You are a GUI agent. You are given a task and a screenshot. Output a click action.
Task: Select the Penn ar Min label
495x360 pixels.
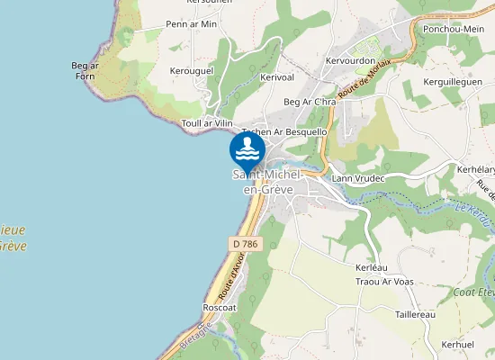pyautogui.click(x=192, y=24)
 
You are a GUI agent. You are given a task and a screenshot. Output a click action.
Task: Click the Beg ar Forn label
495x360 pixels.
pyautogui.click(x=85, y=70)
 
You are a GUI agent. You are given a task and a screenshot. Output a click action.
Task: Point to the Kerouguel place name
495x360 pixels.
pyautogui.click(x=191, y=69)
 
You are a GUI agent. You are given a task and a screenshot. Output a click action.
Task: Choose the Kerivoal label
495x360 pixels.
pyautogui.click(x=276, y=78)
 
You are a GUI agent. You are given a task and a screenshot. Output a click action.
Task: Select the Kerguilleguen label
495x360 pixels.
pyautogui.click(x=453, y=81)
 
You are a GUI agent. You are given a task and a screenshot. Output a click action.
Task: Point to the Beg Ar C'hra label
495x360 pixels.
pyautogui.click(x=309, y=103)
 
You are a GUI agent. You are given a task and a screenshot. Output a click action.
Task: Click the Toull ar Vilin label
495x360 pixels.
pyautogui.click(x=207, y=122)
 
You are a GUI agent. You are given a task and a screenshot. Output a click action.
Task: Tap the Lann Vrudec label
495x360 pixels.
pyautogui.click(x=358, y=178)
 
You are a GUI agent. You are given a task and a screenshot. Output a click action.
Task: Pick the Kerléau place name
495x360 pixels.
pyautogui.click(x=371, y=268)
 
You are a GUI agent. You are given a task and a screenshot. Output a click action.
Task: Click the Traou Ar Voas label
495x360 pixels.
pyautogui.click(x=384, y=282)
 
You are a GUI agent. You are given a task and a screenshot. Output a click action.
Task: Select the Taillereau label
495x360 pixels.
pyautogui.click(x=415, y=314)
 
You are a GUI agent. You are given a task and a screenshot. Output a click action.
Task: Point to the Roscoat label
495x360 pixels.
pyautogui.click(x=219, y=307)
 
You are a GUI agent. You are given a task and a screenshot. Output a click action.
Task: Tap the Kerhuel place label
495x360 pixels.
pyautogui.click(x=458, y=345)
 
